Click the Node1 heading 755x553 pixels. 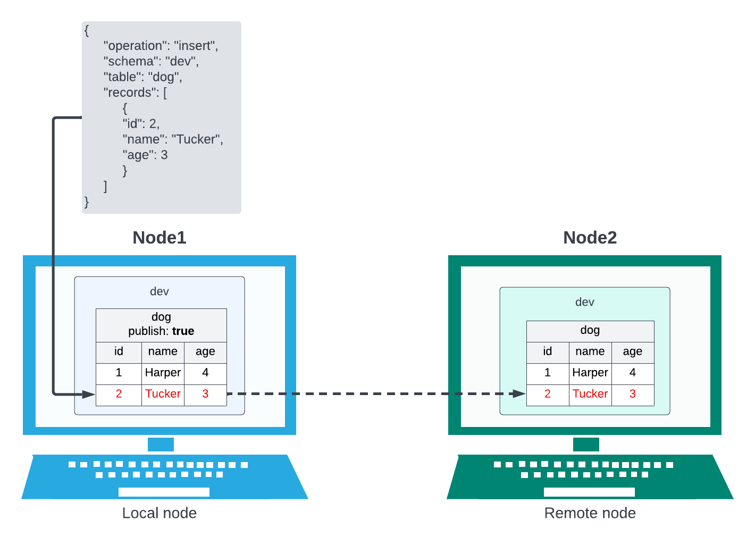160,238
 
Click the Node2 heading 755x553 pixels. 590,238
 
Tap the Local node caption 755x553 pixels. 160,513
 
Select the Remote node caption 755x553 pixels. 590,513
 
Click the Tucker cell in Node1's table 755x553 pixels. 163,394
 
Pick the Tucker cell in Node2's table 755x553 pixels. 590,394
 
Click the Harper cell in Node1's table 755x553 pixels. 163,373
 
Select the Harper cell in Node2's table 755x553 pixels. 590,373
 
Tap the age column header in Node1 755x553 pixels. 205,351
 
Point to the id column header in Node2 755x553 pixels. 547,351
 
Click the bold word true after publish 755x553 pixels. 183,331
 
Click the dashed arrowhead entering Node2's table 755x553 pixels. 518,394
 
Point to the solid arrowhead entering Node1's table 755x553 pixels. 89,394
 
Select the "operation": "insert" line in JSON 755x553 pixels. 161,46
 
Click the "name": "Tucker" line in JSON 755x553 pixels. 173,139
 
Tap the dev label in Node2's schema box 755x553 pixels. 584,302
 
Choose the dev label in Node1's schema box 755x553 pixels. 160,291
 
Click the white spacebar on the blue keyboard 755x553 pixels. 164,492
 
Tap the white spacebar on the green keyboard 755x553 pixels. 589,492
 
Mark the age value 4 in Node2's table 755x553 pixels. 632,373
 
